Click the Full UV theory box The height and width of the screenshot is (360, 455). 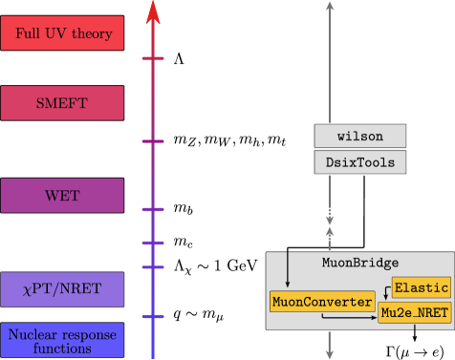pos(62,34)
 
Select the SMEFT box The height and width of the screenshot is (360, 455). pos(62,103)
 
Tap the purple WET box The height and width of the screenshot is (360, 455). pos(62,195)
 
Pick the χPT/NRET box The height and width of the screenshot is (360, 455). pos(62,288)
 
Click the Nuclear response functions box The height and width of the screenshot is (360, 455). pos(62,340)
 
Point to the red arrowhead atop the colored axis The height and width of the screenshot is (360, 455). pos(153,11)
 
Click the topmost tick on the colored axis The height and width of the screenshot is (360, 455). pos(153,59)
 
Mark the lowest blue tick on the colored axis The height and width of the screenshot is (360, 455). pos(153,316)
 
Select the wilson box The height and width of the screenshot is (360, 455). pos(360,137)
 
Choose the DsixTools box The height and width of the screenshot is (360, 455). pos(360,163)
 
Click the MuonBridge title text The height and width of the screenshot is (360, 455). pos(360,262)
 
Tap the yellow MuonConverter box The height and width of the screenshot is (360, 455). pos(321,303)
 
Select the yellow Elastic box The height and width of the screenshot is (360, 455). pos(421,286)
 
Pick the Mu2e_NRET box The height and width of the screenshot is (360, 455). pos(415,312)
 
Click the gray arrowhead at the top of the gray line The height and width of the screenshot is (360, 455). pos(330,6)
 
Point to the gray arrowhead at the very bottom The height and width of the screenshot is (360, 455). pos(330,352)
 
